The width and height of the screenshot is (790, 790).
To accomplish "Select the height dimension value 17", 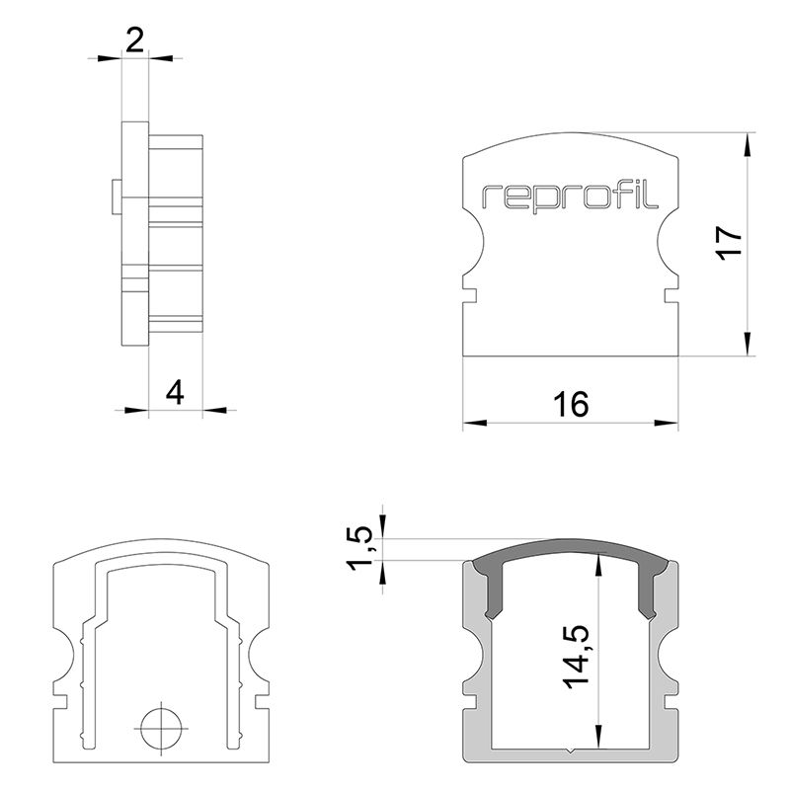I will (728, 243).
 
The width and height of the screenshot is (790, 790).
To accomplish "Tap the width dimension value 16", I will (571, 405).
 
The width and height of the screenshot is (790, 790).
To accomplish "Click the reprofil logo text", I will (571, 197).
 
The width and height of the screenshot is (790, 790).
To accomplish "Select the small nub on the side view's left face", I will (117, 197).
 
